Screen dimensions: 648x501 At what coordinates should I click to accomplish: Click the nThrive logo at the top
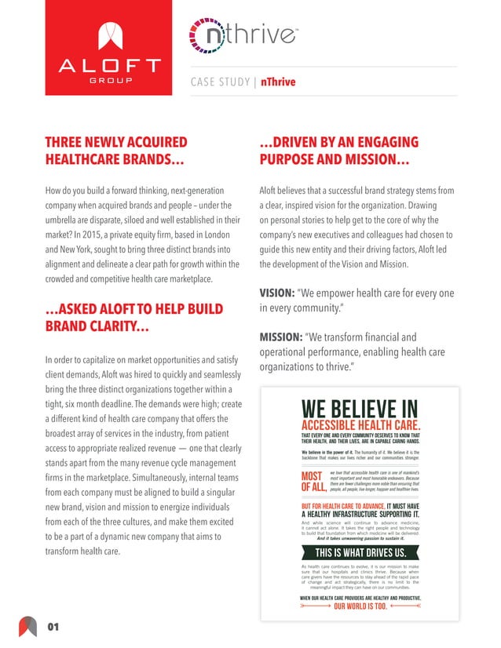[231, 38]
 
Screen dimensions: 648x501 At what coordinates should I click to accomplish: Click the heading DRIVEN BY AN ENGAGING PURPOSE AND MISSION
[335, 151]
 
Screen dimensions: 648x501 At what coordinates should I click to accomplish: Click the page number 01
[53, 626]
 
